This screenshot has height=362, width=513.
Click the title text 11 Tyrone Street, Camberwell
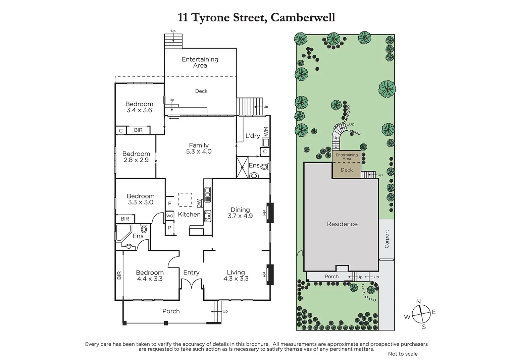click(x=256, y=17)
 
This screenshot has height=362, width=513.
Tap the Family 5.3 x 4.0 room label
click(x=199, y=148)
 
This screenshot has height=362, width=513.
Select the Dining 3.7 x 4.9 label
click(x=240, y=213)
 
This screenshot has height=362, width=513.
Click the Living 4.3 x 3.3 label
click(x=236, y=275)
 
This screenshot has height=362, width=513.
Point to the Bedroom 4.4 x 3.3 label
click(x=150, y=276)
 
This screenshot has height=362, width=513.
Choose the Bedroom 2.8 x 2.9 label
click(x=136, y=157)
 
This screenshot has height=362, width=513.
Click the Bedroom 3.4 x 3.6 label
click(x=139, y=107)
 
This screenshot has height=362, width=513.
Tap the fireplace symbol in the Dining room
click(x=270, y=213)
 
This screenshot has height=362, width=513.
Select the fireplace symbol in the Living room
click(x=270, y=275)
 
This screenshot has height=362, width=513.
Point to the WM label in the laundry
click(x=266, y=131)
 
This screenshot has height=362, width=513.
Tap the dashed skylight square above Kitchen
click(x=185, y=200)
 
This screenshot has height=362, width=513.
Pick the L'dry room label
click(x=253, y=136)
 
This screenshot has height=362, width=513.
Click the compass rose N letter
click(x=418, y=301)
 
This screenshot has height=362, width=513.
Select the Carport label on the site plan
click(x=387, y=239)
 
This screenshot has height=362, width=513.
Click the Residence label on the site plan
click(x=342, y=224)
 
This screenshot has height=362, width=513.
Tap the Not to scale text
click(x=403, y=354)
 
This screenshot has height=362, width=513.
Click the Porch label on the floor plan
click(x=171, y=311)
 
